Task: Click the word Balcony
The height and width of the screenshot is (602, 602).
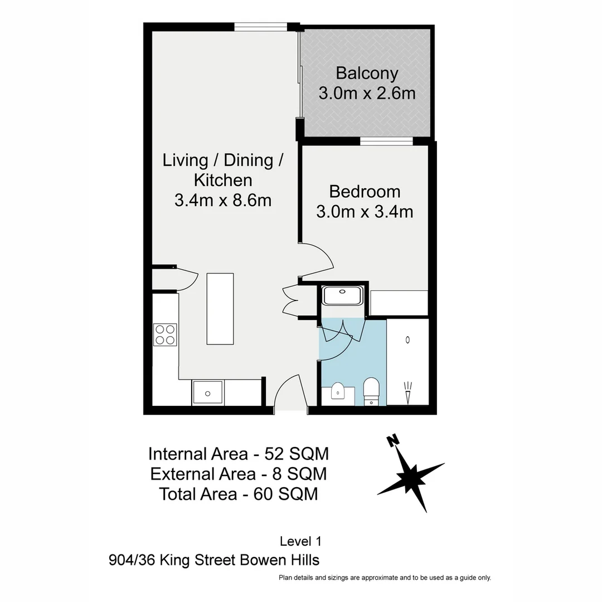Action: click(x=367, y=74)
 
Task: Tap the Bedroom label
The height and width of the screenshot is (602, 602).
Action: click(x=365, y=192)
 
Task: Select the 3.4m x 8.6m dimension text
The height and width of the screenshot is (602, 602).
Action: click(x=223, y=200)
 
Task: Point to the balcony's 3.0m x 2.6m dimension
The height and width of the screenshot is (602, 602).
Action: click(x=367, y=93)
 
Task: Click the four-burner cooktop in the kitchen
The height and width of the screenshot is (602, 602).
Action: click(x=165, y=334)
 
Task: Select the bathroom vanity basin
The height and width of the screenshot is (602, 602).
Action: click(x=339, y=392)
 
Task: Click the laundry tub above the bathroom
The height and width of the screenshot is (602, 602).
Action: click(x=343, y=295)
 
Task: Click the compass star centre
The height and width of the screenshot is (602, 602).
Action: click(x=411, y=477)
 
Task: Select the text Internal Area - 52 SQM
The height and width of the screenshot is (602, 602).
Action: click(x=239, y=454)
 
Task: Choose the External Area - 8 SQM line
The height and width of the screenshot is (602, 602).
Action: click(x=239, y=474)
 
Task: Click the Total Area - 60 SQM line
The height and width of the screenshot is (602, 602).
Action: click(x=239, y=494)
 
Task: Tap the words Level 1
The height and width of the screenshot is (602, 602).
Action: click(x=300, y=541)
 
